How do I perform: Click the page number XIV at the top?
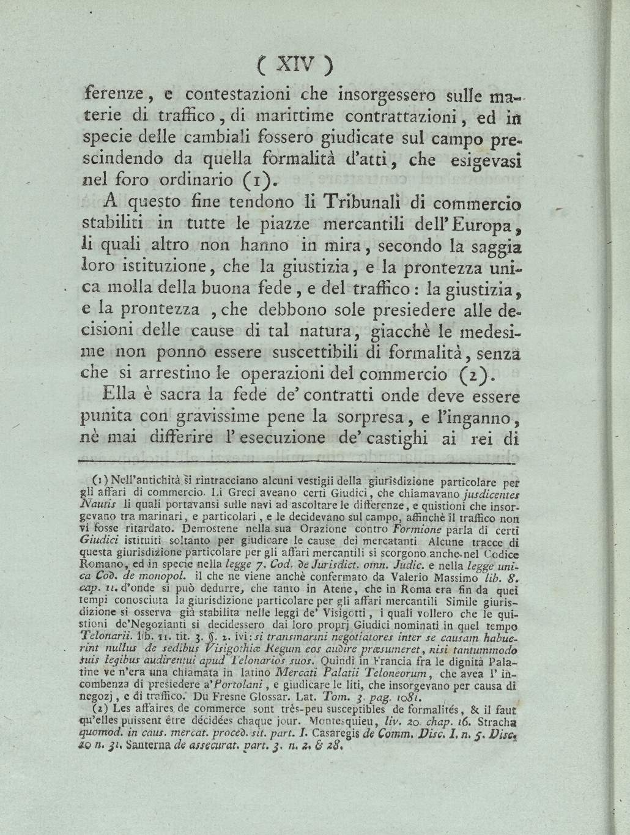294,64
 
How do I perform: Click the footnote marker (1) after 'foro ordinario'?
253,180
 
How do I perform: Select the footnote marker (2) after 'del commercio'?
440,374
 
